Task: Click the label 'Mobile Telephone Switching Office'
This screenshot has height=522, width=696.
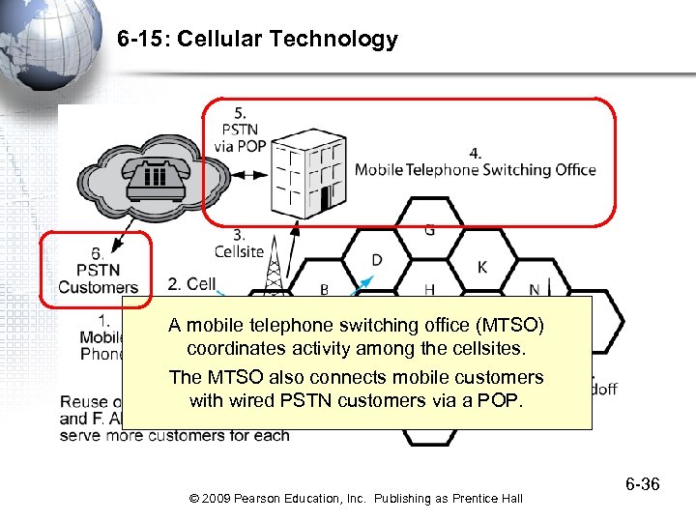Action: pyautogui.click(x=475, y=170)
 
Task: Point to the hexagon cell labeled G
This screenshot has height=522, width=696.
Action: pyautogui.click(x=429, y=230)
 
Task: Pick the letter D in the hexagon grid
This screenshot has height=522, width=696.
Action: pyautogui.click(x=377, y=259)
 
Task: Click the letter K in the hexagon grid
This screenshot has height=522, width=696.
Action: pyautogui.click(x=482, y=266)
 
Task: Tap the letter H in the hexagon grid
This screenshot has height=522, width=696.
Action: pyautogui.click(x=429, y=289)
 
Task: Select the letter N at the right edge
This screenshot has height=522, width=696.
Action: pyautogui.click(x=534, y=289)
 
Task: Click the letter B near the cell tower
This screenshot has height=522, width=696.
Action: pyautogui.click(x=324, y=289)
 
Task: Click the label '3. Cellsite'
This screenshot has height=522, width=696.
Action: pyautogui.click(x=239, y=243)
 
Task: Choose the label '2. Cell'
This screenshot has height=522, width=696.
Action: pyautogui.click(x=191, y=283)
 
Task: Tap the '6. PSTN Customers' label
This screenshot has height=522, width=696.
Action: pyautogui.click(x=98, y=270)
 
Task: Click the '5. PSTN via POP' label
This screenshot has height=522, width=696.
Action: pyautogui.click(x=240, y=130)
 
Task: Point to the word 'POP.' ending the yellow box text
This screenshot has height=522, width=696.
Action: pyautogui.click(x=500, y=400)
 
